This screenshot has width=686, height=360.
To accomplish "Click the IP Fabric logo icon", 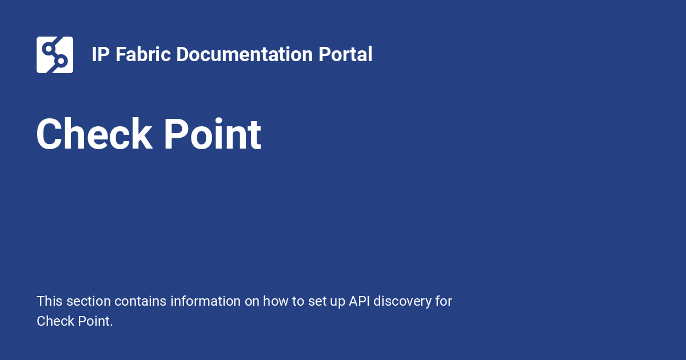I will (55, 55).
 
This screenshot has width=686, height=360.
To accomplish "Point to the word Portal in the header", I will (345, 55).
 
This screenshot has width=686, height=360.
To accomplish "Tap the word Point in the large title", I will (213, 135).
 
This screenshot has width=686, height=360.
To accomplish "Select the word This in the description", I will (49, 301).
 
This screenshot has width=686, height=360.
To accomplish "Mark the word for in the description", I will (444, 301).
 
